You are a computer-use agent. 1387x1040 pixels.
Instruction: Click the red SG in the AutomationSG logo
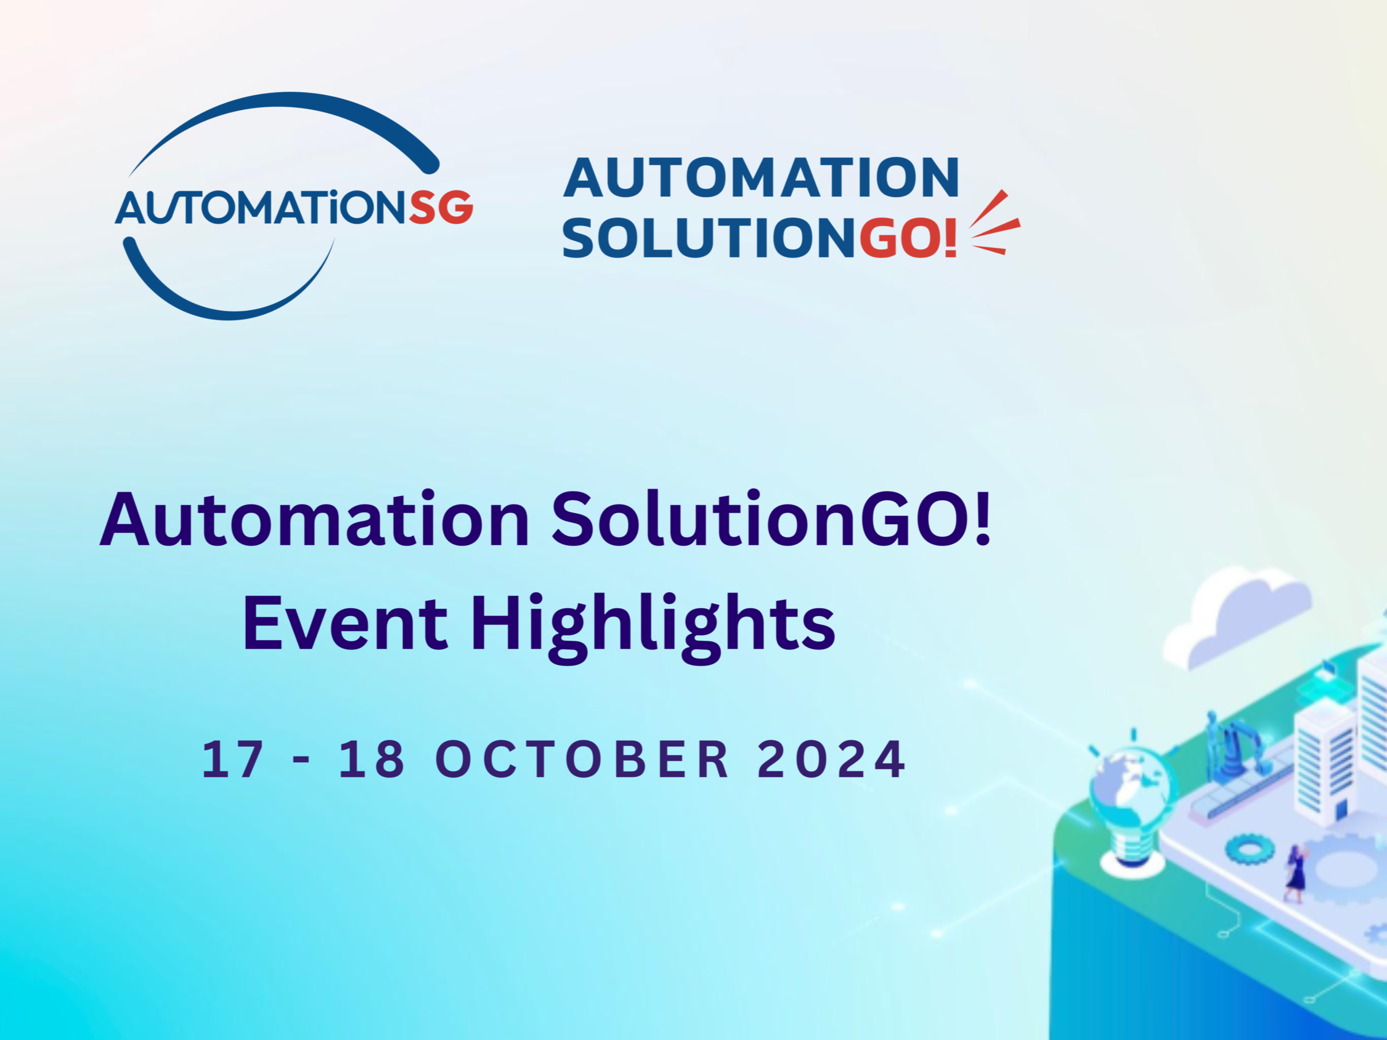pos(441,208)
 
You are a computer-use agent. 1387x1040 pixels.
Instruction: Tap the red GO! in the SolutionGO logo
pos(908,238)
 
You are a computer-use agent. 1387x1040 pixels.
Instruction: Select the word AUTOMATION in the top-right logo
pos(761,178)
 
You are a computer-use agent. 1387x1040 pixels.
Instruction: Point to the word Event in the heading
pos(345,623)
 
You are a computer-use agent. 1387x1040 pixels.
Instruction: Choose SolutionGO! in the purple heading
pos(771,521)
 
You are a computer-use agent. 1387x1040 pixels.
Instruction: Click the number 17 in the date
pos(232,759)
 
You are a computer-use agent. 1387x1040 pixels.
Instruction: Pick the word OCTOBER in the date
pos(582,759)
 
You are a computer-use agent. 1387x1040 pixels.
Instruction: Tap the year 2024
pos(831,759)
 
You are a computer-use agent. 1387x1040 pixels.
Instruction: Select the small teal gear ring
pos(1249,850)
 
